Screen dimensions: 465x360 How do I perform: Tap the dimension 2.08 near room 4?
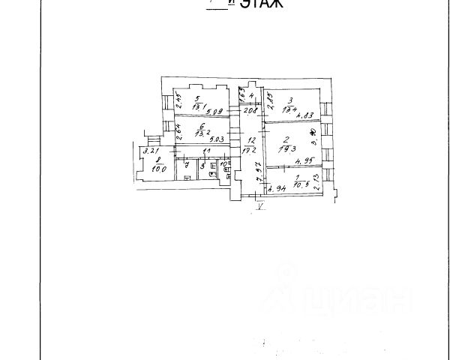250,111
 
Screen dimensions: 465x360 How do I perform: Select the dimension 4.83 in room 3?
304,115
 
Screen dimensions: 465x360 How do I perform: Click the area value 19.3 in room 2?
285,149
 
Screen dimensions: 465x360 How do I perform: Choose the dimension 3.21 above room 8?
148,152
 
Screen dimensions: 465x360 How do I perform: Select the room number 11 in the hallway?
197,152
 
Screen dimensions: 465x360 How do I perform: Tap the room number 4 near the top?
253,95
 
